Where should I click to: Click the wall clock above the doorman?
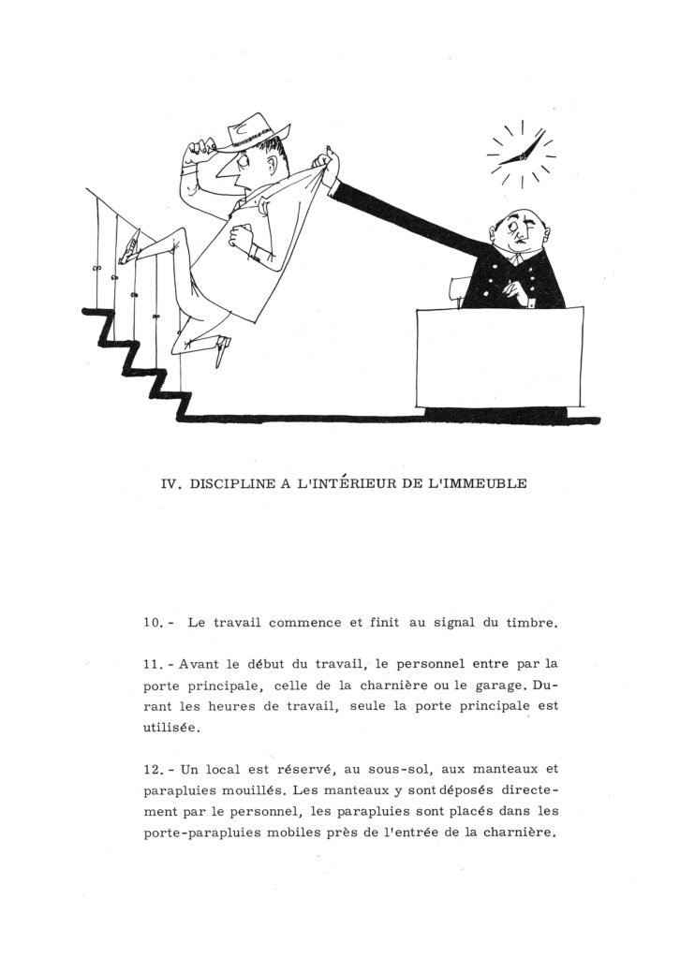point(521,155)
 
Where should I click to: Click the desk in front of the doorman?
point(499,356)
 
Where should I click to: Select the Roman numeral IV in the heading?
point(171,484)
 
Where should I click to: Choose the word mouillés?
point(248,789)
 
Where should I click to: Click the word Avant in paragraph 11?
point(199,664)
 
